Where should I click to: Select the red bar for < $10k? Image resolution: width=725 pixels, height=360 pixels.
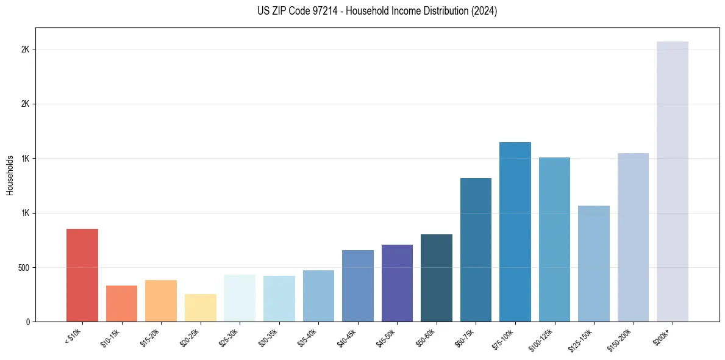tap(82, 275)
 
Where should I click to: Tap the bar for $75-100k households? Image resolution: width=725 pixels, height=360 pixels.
tap(515, 232)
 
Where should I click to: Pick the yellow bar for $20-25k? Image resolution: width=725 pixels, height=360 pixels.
tap(200, 308)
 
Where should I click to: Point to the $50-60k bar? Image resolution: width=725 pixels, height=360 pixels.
tap(436, 278)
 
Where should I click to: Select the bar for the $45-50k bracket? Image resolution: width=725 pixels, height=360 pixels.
tap(397, 283)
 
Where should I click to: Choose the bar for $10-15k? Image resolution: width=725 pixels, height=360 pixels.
tap(121, 303)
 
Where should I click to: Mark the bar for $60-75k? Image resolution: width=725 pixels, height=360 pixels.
tap(476, 250)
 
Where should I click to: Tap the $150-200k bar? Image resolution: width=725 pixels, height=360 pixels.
tap(633, 237)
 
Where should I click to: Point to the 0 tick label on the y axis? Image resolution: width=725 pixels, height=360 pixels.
tap(27, 322)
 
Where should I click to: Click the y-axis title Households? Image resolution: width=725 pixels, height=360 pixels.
tap(10, 175)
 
